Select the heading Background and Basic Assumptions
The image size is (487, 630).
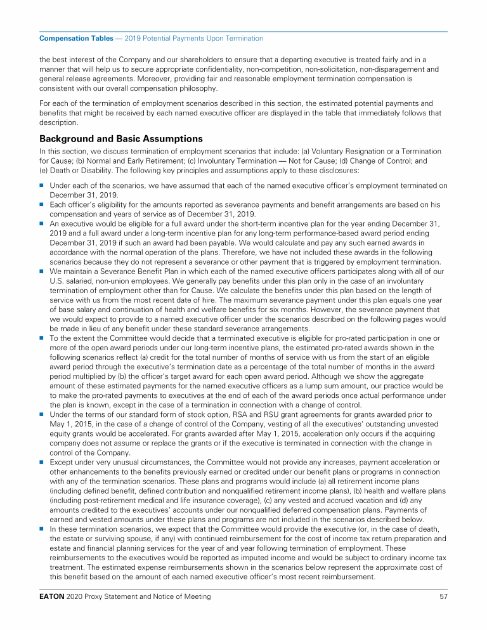click(x=120, y=138)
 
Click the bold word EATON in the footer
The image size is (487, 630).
click(x=51, y=597)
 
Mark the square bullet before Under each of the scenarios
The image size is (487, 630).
click(x=42, y=186)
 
